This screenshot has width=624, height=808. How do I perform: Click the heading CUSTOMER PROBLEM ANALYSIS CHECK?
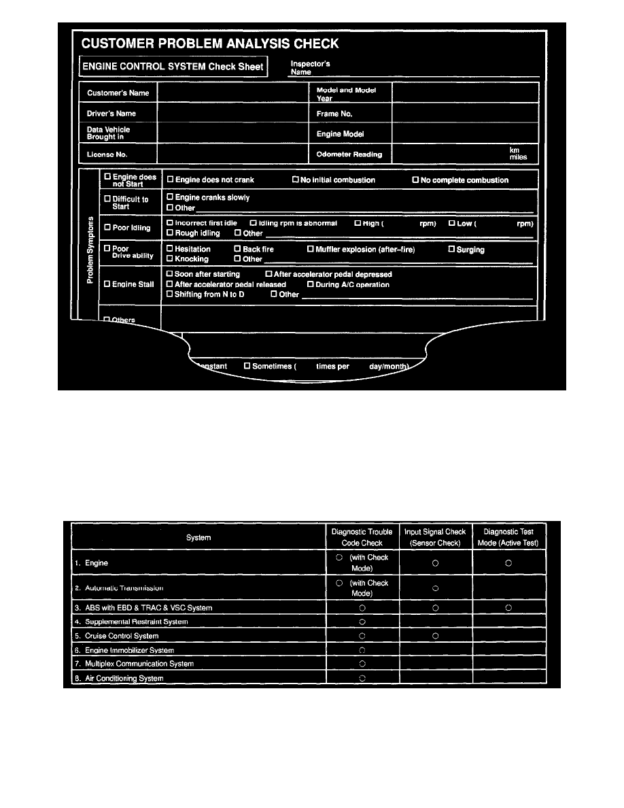coord(210,45)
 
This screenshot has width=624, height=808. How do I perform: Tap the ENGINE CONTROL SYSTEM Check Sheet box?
coord(173,67)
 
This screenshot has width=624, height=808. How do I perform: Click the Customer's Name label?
coord(113,92)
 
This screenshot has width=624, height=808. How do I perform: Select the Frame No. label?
coord(334,114)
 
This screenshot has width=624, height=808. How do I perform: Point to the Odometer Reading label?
coord(349,154)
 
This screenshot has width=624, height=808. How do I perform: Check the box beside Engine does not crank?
coord(170,180)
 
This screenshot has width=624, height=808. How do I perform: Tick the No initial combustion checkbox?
coord(296,180)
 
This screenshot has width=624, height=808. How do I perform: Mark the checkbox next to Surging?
coord(451,250)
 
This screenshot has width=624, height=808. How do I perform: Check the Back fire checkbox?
coord(238,250)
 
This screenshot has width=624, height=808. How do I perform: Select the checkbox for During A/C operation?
coord(311,284)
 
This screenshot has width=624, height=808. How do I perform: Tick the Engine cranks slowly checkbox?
coord(170,198)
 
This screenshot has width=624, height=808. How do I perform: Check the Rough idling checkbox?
coord(170,233)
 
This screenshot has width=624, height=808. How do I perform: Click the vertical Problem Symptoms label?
coord(89,252)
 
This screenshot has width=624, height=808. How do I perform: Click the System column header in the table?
coord(198,538)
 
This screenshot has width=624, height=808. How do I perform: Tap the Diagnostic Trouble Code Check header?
coord(362,537)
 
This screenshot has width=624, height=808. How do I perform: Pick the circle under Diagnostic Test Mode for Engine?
coord(509,563)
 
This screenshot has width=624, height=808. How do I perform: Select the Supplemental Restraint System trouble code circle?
coord(362,622)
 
